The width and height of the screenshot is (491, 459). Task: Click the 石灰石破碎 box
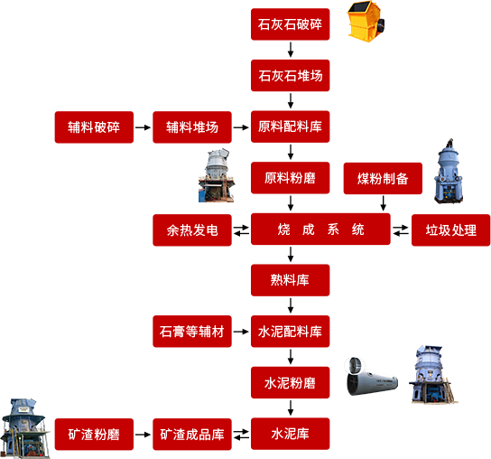click(291, 24)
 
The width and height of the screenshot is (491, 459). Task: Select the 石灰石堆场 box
click(291, 76)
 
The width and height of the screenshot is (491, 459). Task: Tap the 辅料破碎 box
click(94, 127)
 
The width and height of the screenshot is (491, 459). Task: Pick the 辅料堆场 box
click(192, 127)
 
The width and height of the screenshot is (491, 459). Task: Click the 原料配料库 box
click(291, 126)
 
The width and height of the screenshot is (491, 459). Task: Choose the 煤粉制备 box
click(383, 178)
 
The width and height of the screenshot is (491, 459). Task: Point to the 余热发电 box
click(192, 230)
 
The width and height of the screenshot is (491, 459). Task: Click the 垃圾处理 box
click(451, 230)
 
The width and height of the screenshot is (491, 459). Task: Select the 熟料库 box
click(291, 280)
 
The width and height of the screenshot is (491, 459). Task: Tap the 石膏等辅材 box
click(192, 332)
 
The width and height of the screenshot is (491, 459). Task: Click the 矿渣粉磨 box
click(94, 435)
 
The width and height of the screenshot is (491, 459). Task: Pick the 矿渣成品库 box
click(192, 435)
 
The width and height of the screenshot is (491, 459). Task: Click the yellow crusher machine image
click(366, 22)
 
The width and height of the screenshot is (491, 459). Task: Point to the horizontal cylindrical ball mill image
click(372, 376)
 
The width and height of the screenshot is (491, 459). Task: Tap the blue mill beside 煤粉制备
click(448, 171)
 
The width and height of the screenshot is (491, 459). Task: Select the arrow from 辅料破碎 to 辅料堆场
click(144, 127)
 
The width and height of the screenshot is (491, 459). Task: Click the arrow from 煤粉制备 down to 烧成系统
click(383, 203)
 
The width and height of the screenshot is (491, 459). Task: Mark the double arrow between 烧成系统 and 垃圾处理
click(401, 230)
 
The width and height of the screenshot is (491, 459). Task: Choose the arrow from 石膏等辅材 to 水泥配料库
click(241, 332)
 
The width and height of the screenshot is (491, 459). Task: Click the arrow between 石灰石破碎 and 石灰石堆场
click(291, 50)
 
